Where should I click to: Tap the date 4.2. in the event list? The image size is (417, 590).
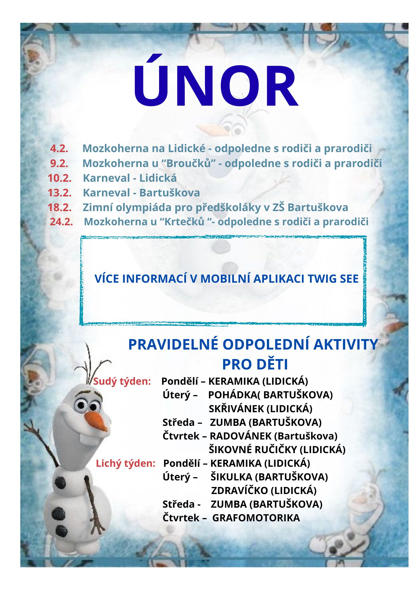pyautogui.click(x=59, y=148)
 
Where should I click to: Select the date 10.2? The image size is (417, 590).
pyautogui.click(x=59, y=178)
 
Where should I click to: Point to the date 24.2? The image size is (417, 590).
pyautogui.click(x=61, y=222)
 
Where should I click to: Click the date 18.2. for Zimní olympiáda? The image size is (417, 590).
pyautogui.click(x=59, y=207)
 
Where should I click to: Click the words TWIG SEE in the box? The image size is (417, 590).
pyautogui.click(x=333, y=279)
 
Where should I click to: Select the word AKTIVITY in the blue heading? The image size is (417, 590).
pyautogui.click(x=346, y=344)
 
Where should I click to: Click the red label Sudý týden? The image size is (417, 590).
pyautogui.click(x=122, y=381)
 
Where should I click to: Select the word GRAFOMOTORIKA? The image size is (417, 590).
pyautogui.click(x=256, y=518)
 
